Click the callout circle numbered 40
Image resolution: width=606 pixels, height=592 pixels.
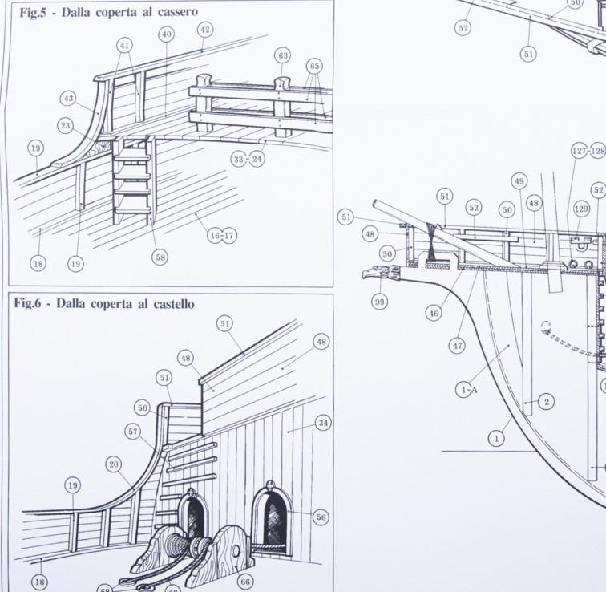click(166, 34)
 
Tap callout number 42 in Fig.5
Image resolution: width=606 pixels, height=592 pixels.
click(205, 30)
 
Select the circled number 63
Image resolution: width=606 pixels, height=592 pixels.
click(283, 55)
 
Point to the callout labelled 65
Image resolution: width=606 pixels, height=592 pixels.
click(314, 66)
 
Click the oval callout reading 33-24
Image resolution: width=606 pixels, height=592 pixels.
click(248, 159)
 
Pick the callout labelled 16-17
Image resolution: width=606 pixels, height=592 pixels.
click(222, 236)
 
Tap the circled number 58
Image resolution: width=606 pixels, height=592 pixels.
click(160, 257)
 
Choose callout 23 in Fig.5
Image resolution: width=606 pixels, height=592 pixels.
click(66, 126)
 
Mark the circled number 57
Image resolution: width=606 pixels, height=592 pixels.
click(133, 431)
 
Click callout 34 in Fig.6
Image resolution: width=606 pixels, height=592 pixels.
click(323, 423)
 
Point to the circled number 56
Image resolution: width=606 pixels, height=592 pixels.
click(321, 517)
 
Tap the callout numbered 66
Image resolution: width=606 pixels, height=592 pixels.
click(245, 582)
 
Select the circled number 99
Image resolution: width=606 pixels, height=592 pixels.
click(379, 302)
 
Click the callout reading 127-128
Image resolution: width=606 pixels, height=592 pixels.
click(588, 151)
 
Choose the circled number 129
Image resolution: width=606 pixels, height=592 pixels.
click(581, 209)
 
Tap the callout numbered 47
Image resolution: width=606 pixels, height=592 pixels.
click(458, 346)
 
